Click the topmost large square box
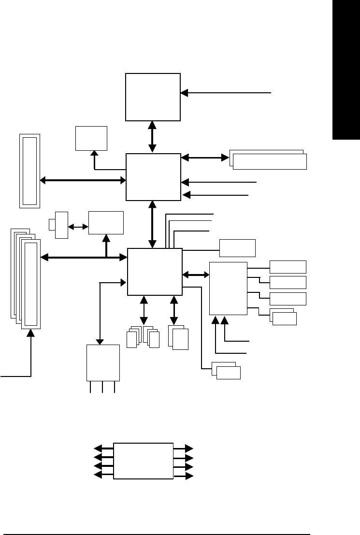(153, 97)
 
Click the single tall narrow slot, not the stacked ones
(29, 171)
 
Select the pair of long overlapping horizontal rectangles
(268, 160)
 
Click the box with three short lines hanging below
(102, 363)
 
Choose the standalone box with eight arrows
(143, 461)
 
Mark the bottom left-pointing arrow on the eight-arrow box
(103, 476)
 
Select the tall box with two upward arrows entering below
(228, 288)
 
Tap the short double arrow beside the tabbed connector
(78, 226)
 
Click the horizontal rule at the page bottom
(159, 521)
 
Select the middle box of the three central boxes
(153, 176)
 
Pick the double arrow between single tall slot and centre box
(83, 180)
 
